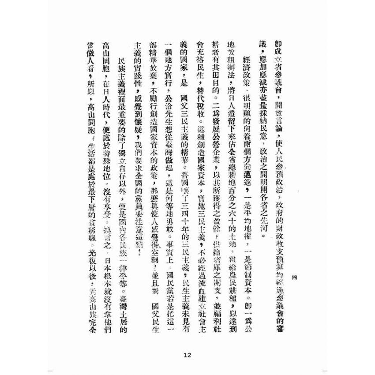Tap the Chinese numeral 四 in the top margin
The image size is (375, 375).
click(296, 277)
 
